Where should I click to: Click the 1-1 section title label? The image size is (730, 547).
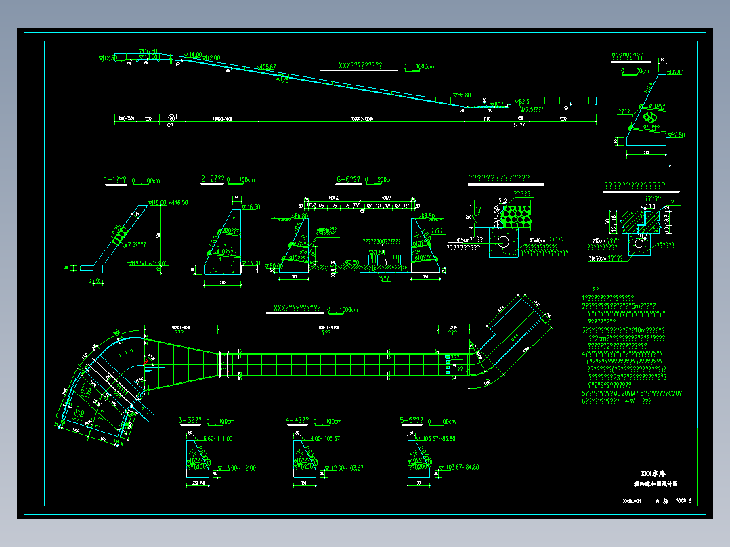point(115,180)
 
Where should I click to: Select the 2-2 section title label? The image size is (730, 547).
point(213,179)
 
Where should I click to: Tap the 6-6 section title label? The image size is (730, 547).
point(349,180)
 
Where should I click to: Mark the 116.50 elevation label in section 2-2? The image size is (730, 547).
point(250,207)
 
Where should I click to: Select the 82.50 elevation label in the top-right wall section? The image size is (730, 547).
point(677,135)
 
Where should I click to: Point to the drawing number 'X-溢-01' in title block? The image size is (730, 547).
point(631,501)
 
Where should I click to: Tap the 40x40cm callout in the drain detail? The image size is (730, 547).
point(538,240)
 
